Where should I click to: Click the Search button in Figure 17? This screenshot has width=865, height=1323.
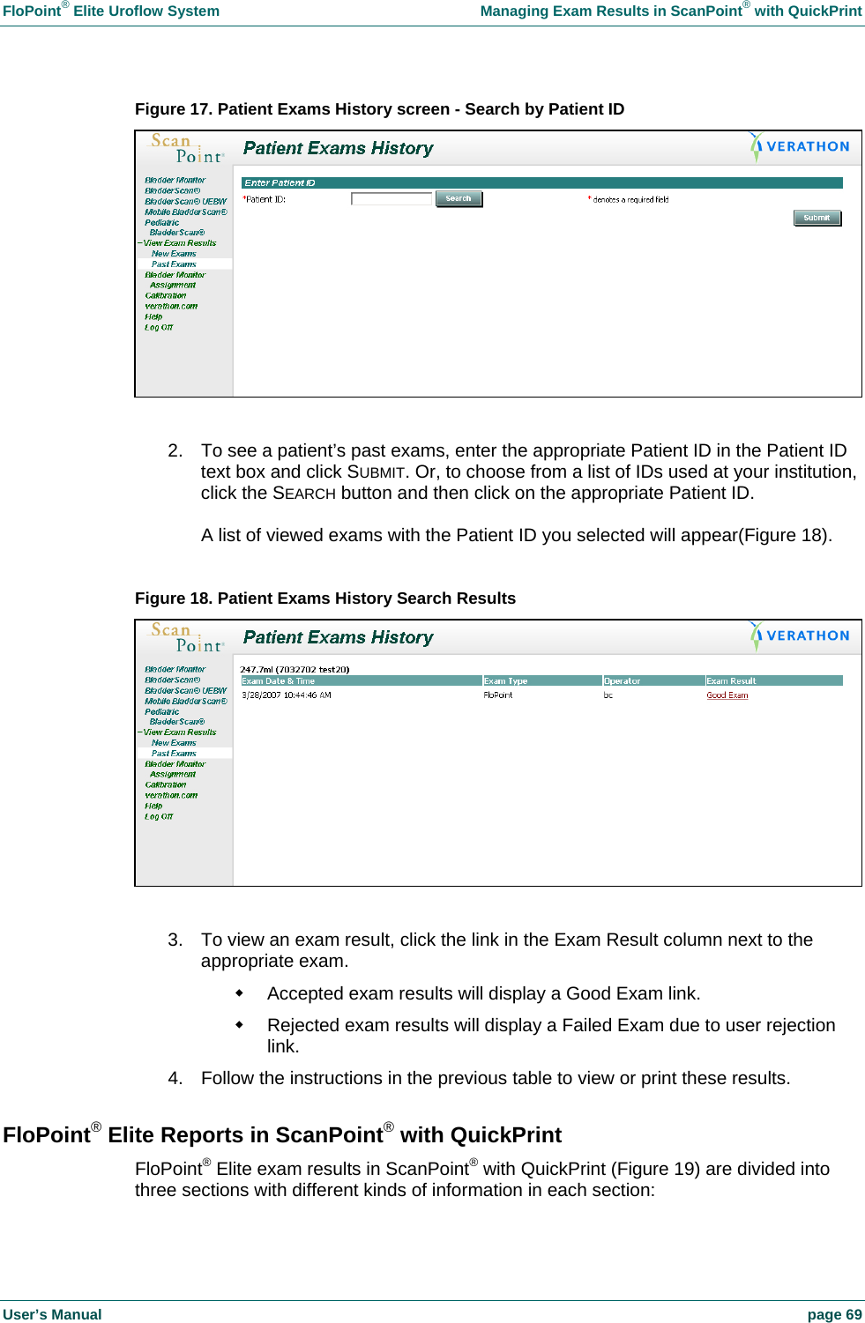coord(459,199)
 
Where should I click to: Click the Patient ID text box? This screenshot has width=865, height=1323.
coord(391,199)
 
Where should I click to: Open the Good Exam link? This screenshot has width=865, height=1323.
coord(727,695)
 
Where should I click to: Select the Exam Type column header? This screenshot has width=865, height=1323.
coord(505,680)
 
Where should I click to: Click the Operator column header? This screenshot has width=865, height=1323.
coord(623,680)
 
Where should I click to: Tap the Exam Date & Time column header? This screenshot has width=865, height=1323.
coord(279,680)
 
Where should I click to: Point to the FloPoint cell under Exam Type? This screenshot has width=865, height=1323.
coord(498,695)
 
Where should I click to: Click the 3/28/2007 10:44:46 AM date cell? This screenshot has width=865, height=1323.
coord(287,695)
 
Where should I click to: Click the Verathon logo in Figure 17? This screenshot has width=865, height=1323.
coord(800,147)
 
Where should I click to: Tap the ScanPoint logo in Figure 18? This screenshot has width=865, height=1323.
coord(187,638)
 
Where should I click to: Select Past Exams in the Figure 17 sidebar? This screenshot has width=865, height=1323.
coord(174,264)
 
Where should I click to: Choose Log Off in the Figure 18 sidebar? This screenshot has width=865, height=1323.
coord(159,817)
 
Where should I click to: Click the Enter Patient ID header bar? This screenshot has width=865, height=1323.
coord(541,183)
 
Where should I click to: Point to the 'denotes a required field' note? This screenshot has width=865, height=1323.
coord(630,200)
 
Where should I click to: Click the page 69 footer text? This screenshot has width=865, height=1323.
coord(834,1314)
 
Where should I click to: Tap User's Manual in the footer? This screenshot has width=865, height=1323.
coord(52,1314)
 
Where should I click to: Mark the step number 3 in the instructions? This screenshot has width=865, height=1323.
coord(175,940)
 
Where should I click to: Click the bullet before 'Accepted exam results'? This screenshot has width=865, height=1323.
coord(239,992)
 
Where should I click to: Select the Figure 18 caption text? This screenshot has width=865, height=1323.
coord(324,598)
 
